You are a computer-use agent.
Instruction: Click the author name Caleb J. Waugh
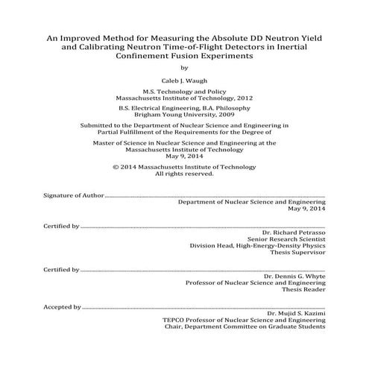184,78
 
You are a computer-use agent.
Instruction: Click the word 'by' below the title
184,66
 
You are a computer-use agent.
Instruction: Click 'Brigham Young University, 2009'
184,116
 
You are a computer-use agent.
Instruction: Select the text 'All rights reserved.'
184,174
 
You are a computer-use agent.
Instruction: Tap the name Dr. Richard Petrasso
295,232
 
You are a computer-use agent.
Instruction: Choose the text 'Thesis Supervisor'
299,252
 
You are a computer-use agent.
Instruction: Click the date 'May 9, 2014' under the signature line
306,208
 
